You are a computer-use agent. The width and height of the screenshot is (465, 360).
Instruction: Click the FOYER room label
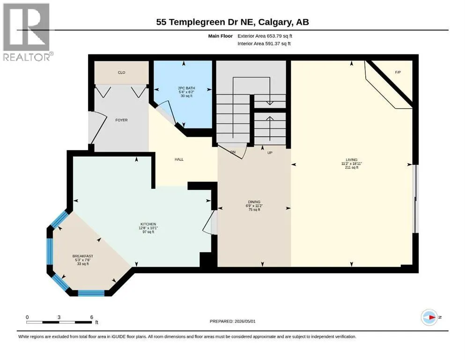coord(121,120)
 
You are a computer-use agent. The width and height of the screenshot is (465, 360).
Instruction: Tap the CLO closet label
coord(122,72)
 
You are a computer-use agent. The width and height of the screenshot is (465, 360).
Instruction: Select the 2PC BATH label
coord(186,88)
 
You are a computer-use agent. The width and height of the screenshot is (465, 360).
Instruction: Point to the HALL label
coord(179,159)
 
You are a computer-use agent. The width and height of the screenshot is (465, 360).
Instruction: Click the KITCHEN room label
coord(148,224)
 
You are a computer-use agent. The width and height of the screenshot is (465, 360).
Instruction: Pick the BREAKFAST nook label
coord(83,256)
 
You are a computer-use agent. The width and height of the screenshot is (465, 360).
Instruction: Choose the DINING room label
coord(254,202)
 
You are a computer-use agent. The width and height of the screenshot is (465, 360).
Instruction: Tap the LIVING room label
coord(351,160)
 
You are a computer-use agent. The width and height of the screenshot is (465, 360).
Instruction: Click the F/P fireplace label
coord(398,72)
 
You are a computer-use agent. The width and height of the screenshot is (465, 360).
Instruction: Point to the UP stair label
coord(270,153)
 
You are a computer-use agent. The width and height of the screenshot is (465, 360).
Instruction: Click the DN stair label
coord(233,152)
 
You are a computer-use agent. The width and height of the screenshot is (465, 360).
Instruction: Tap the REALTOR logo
coord(27,32)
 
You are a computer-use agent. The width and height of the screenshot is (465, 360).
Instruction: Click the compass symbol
coord(429,317)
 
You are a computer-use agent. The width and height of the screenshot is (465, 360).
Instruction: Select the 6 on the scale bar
coord(92,317)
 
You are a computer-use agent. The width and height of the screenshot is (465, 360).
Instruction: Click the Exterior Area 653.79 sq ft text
coord(265,36)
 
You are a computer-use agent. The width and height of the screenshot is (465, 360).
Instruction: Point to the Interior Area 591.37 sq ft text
coord(264,44)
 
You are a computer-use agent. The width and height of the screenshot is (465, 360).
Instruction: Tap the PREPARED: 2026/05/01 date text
coord(232,321)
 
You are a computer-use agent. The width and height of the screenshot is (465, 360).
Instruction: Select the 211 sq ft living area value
coord(352,167)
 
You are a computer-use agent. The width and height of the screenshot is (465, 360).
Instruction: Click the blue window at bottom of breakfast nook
coord(91,293)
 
